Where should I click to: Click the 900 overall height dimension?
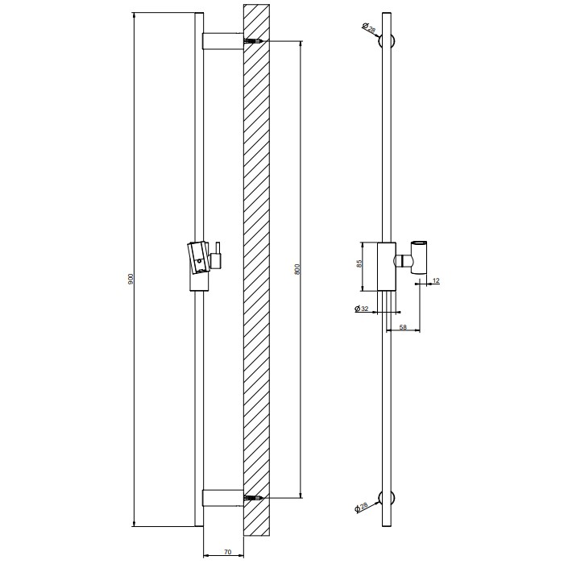click(131, 278)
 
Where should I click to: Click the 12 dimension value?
click(436, 280)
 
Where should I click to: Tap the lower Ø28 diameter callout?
click(362, 507)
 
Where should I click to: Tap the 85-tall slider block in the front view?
click(385, 265)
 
